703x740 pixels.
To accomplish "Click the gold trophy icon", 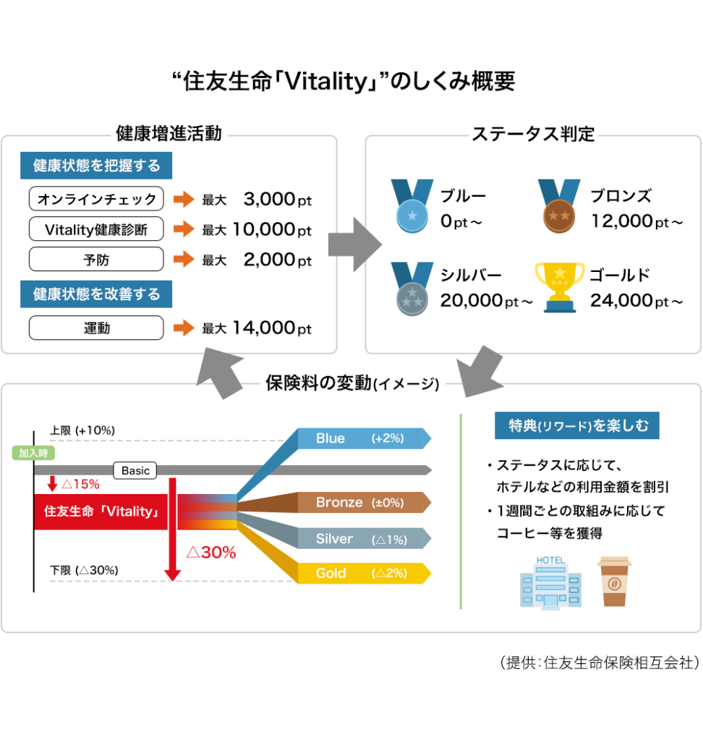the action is click(x=560, y=287).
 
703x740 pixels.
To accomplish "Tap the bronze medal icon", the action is click(x=559, y=206).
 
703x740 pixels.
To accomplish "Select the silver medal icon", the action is click(x=412, y=289).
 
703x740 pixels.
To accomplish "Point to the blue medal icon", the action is click(x=412, y=206).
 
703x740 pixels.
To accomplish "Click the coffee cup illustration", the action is click(x=614, y=581).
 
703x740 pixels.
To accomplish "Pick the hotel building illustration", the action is click(x=550, y=583).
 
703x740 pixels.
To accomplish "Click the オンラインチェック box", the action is click(x=96, y=199).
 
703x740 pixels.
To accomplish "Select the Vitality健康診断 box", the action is click(x=96, y=229).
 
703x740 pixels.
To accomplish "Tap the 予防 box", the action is click(x=96, y=259).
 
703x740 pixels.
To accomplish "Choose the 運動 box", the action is click(x=96, y=328).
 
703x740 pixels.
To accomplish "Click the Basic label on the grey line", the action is click(x=135, y=470).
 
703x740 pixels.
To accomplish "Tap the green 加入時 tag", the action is click(x=33, y=453).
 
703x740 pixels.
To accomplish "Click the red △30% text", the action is click(x=211, y=552).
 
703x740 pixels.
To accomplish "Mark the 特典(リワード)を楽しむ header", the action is click(x=577, y=425).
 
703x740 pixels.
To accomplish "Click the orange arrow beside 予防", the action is click(x=184, y=259).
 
